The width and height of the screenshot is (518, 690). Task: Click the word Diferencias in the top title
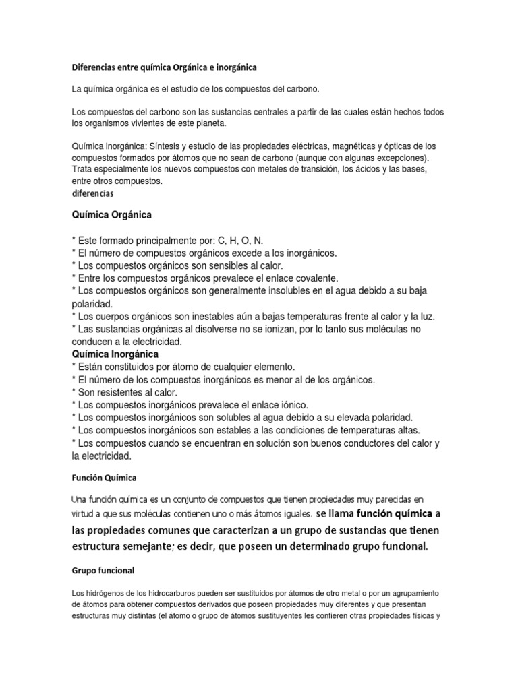tap(94, 68)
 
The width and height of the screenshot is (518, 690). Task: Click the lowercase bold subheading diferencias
tap(92, 193)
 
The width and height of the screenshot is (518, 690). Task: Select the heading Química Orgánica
tap(111, 216)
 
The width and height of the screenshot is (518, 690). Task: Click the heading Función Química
tap(104, 478)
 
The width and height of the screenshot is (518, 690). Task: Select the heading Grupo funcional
tap(103, 570)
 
